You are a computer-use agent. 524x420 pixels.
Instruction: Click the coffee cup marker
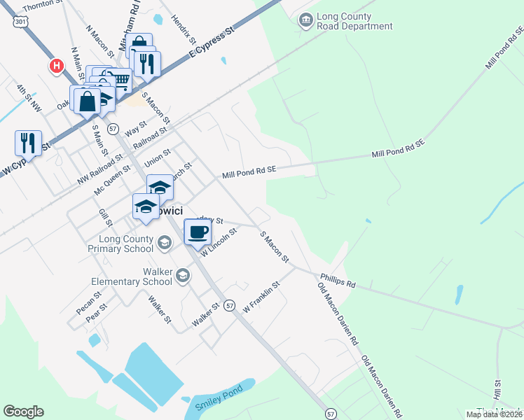[x=198, y=232]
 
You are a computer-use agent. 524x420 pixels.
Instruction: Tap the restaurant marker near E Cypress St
[x=146, y=64]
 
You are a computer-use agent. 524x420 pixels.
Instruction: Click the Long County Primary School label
[x=120, y=244]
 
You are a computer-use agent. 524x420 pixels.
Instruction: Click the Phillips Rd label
[x=338, y=281]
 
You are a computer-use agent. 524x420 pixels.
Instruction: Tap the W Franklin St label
[x=261, y=297]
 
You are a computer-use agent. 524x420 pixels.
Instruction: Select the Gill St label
[x=105, y=217]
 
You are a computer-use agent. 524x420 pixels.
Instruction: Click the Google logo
[x=23, y=412]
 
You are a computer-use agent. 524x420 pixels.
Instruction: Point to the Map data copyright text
[x=494, y=414]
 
